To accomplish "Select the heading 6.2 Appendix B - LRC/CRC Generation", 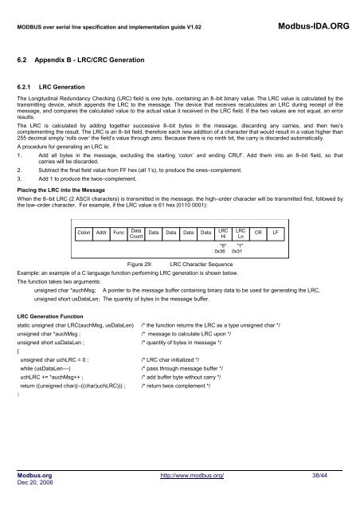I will click(96, 60).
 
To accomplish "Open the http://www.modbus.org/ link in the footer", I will click(191, 474).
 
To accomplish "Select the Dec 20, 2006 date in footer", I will click(36, 483).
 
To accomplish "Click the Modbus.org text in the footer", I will click(35, 474).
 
